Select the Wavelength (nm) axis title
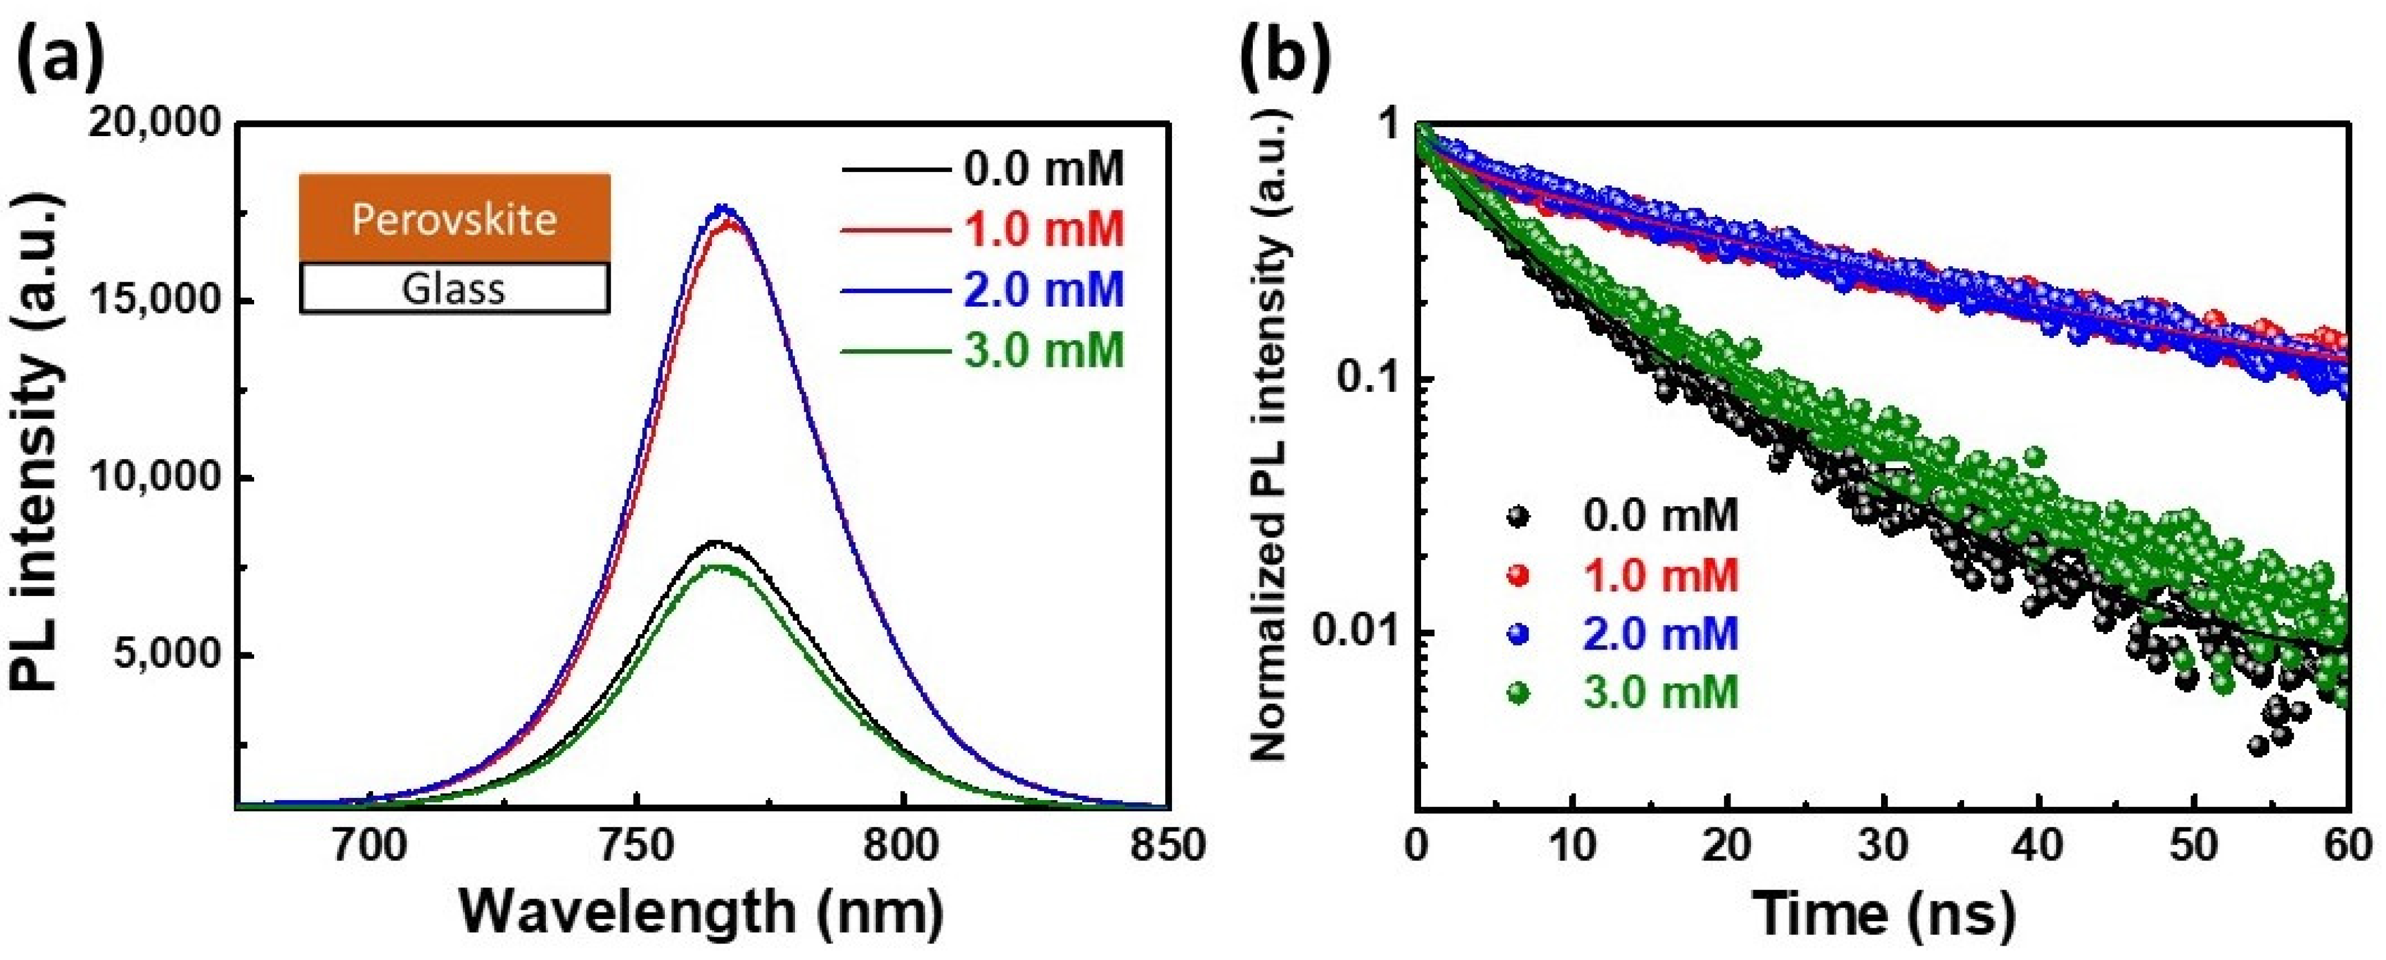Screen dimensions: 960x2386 pyautogui.click(x=701, y=912)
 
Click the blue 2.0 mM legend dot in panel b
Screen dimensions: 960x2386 pyautogui.click(x=1517, y=634)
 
